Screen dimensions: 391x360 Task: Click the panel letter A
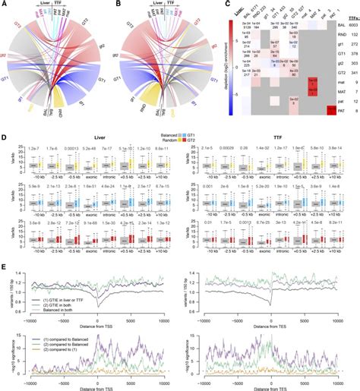(5, 5)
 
